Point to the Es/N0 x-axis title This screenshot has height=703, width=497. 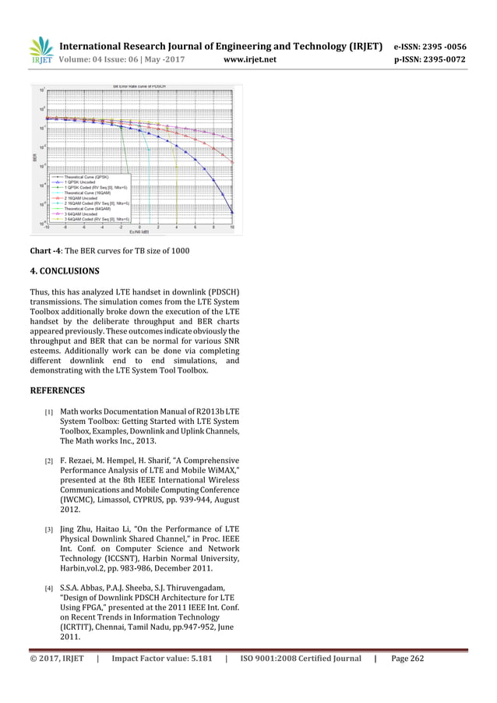(139, 231)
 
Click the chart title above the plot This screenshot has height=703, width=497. (139, 84)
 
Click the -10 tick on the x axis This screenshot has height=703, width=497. (46, 228)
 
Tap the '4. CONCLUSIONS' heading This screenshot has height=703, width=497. (65, 272)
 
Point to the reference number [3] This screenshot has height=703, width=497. (48, 530)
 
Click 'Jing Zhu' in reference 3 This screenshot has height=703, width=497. (75, 529)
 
